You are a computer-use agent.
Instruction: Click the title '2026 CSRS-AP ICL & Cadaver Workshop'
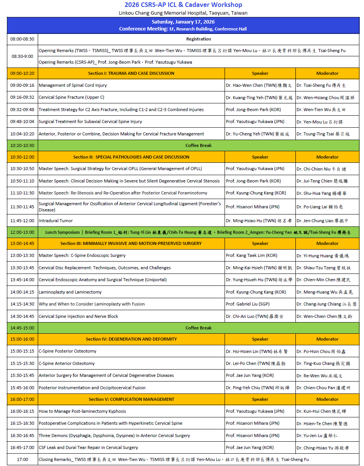point(183,5)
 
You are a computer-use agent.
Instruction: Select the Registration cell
point(198,39)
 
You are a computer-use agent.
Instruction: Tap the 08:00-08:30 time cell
point(22,39)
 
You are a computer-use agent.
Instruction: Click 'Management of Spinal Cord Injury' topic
point(73,85)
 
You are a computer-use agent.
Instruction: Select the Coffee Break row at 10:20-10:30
point(198,145)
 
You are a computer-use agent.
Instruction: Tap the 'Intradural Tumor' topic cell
point(56,221)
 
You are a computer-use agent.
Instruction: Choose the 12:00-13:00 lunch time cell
point(22,232)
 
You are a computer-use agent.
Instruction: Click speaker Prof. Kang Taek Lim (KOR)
point(252,255)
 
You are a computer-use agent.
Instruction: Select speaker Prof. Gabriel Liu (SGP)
point(248,304)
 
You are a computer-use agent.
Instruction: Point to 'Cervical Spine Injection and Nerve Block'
point(79,316)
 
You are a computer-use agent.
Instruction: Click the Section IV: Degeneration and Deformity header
point(131,339)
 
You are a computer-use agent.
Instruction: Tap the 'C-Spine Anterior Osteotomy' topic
point(67,363)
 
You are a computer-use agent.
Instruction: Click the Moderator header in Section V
point(327,399)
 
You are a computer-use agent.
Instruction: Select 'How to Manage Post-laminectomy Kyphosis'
point(82,411)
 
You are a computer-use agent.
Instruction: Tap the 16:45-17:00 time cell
point(22,447)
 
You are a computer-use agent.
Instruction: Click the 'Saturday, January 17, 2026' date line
point(183,22)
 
